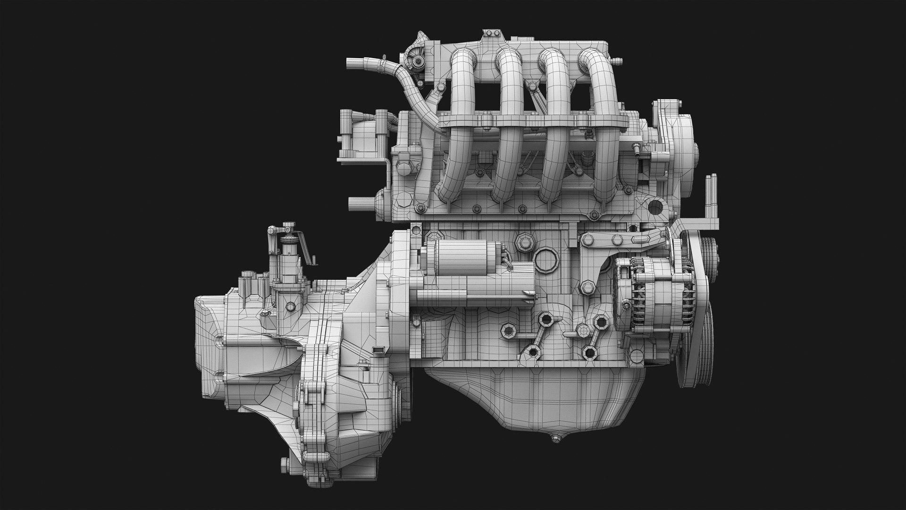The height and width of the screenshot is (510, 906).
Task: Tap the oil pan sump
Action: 533,401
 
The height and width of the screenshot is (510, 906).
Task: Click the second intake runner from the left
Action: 507,118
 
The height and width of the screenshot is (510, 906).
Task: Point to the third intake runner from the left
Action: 552,118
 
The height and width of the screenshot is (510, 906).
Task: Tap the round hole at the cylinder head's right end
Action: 656,207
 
